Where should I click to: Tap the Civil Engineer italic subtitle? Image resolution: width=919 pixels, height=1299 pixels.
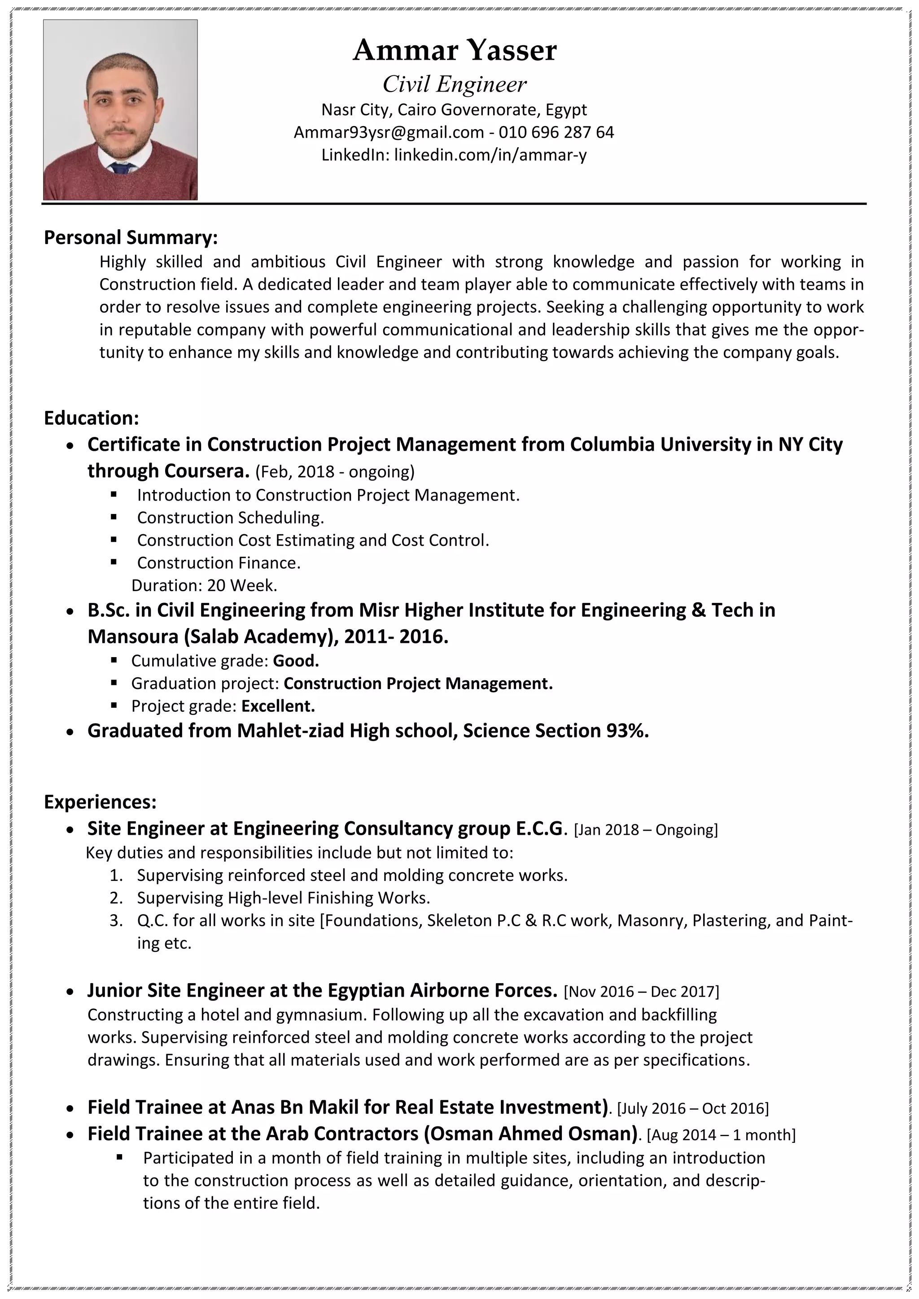click(455, 85)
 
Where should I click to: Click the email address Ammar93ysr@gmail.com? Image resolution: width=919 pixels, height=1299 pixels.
click(389, 132)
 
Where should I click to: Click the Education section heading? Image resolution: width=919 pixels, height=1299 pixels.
click(92, 418)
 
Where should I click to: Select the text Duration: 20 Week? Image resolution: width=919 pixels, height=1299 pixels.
click(204, 585)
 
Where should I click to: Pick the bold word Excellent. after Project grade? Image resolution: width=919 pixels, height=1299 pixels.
click(278, 706)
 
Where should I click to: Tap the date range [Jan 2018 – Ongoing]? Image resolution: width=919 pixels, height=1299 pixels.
click(646, 830)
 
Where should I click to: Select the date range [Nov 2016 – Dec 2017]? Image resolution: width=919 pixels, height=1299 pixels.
click(641, 992)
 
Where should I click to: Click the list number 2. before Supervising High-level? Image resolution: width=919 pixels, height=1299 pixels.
click(117, 898)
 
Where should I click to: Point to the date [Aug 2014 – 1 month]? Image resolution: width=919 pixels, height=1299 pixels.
click(720, 1135)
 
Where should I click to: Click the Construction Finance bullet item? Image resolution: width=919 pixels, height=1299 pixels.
click(219, 563)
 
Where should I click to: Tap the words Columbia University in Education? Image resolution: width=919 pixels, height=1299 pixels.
click(660, 445)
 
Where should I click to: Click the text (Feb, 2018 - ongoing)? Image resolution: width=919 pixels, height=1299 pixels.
click(335, 471)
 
